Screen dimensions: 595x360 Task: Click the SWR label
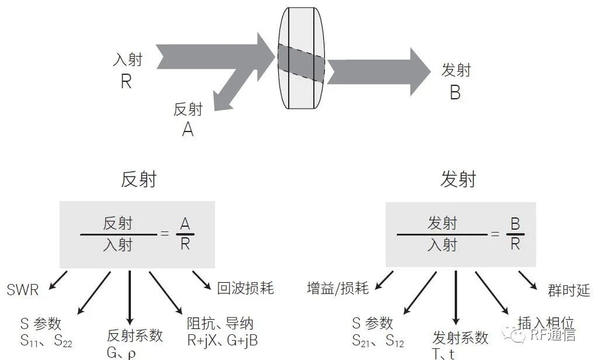[x=23, y=290]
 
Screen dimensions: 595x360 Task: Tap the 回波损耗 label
[x=245, y=288]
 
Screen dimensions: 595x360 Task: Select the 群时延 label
[x=569, y=290]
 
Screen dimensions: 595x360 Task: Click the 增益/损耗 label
[x=338, y=288]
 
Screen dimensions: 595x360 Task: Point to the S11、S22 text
[x=46, y=341]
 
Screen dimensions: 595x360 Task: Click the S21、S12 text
[x=378, y=341]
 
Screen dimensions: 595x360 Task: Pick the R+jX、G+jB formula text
[x=222, y=340]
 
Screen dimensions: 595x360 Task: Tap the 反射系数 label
[x=134, y=335]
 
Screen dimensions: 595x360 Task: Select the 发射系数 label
[x=461, y=337]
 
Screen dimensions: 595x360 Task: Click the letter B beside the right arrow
[x=455, y=92]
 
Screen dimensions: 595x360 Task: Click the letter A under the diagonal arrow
[x=188, y=130]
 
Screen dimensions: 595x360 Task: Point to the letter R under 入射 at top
[x=126, y=82]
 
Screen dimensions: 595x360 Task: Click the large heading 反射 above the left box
[x=139, y=179]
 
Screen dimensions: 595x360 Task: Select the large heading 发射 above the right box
[x=458, y=179]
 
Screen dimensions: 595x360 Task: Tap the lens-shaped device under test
[x=301, y=58]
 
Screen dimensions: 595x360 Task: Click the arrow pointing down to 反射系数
[x=130, y=297]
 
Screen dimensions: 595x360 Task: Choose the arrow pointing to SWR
[x=58, y=281]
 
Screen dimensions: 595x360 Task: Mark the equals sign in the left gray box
[x=164, y=234]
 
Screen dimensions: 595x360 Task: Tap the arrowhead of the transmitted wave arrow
[x=421, y=71]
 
